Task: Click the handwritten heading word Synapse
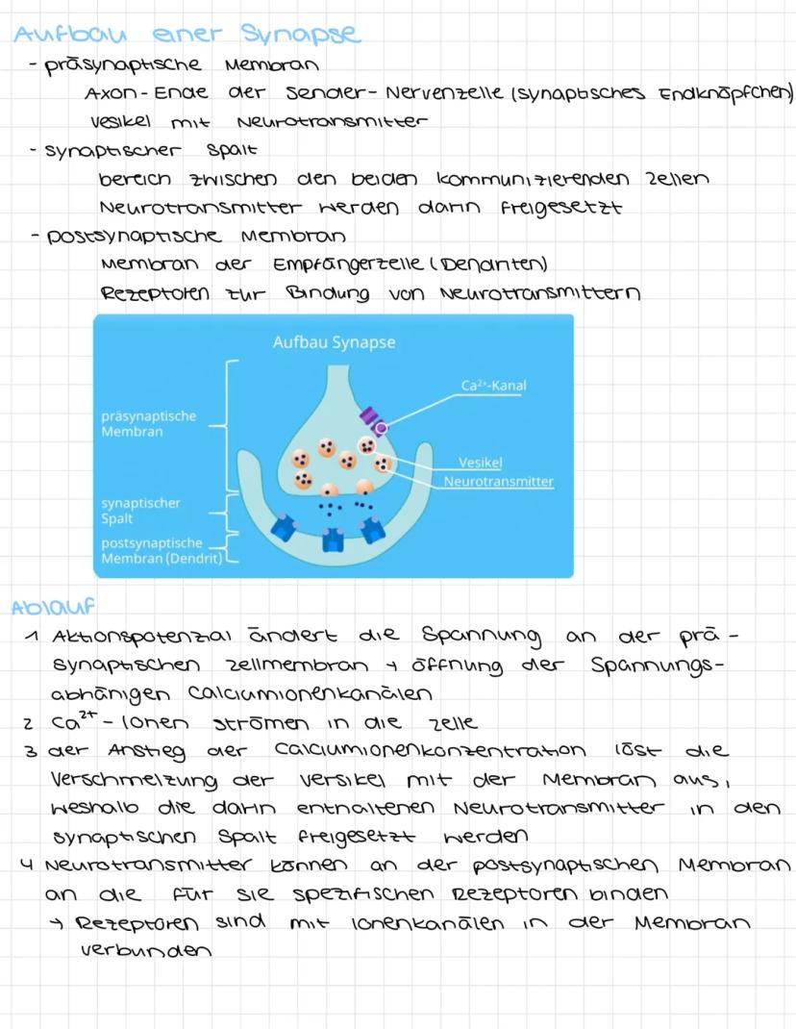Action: [x=301, y=34]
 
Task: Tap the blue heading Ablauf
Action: [x=53, y=606]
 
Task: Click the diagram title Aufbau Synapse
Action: [x=334, y=342]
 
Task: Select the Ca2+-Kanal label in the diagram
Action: [x=493, y=386]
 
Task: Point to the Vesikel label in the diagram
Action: [x=480, y=462]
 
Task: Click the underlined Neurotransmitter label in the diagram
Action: [x=498, y=481]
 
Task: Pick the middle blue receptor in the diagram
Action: [x=333, y=540]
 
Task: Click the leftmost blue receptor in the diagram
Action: [x=285, y=527]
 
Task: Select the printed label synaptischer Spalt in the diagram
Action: [x=140, y=511]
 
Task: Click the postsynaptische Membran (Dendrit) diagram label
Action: [x=162, y=551]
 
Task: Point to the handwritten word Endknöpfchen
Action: [x=725, y=94]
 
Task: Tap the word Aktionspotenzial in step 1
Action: [x=141, y=637]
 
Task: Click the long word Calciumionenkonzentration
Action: [x=430, y=749]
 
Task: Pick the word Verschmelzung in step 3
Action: [x=134, y=780]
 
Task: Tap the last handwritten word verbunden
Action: [x=146, y=949]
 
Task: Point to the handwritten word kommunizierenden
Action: [x=533, y=179]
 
